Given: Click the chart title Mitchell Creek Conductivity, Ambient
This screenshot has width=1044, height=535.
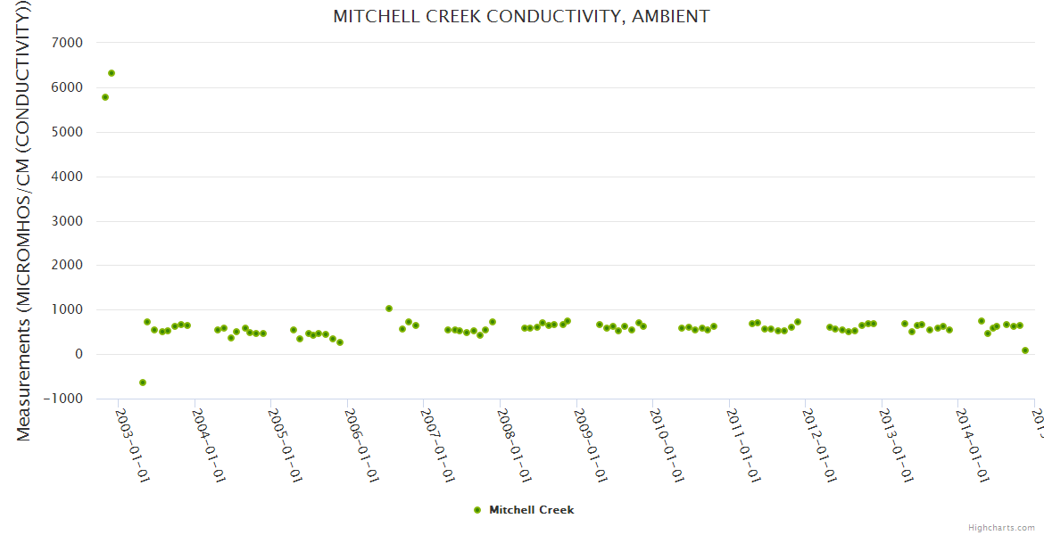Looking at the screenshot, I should click(521, 17).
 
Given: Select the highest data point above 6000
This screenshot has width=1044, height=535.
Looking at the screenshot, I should click(112, 73).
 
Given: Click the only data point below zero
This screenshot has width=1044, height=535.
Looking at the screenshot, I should click(143, 383).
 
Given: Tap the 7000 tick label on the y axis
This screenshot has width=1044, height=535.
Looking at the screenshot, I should click(68, 43).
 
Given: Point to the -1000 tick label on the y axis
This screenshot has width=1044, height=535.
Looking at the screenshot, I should click(63, 399).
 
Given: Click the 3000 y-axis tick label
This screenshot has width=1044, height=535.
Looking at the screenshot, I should click(68, 221).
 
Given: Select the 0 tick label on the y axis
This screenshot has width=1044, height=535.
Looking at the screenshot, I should click(79, 354).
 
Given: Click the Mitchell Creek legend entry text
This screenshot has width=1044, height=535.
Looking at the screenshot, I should click(531, 510).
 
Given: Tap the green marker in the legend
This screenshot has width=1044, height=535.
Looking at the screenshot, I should click(477, 510).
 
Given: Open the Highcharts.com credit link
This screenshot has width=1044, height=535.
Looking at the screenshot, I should click(1001, 528).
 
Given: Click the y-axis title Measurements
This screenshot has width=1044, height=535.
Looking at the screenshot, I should click(24, 223).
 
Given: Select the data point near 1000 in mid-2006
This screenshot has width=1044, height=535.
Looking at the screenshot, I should click(389, 309).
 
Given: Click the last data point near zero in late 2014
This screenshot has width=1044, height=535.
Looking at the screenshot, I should click(1025, 350).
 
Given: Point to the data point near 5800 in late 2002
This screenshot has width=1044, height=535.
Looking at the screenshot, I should click(105, 97).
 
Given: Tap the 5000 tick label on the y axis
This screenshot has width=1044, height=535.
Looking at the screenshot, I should click(68, 132).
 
